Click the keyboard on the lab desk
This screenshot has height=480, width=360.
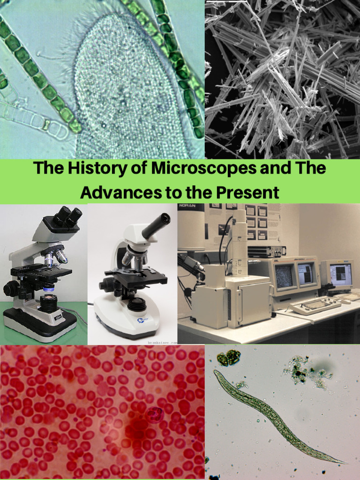pyautogui.click(x=315, y=305)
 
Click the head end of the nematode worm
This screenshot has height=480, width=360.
pyautogui.click(x=217, y=374)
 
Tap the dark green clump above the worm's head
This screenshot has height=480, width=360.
pyautogui.click(x=228, y=358)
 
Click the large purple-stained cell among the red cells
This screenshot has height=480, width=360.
pyautogui.click(x=153, y=414)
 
